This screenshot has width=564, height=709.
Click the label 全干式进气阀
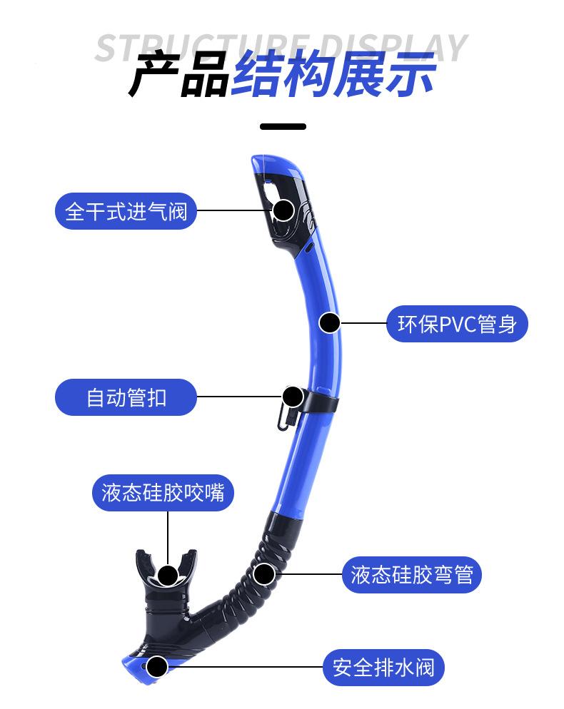(126, 211)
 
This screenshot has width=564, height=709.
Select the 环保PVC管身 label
(457, 324)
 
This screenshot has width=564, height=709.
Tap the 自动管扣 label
(126, 397)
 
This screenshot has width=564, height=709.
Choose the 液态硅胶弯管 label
(412, 574)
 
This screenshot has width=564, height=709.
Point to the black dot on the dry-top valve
(283, 210)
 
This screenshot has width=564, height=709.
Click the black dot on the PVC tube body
(329, 323)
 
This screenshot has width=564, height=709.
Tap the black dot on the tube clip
(293, 397)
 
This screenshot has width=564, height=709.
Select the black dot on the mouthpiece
(168, 575)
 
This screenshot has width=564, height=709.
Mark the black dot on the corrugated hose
(264, 573)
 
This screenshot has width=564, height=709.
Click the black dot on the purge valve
(156, 668)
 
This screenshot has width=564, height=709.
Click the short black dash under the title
(283, 127)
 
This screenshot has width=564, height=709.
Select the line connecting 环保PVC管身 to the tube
(364, 323)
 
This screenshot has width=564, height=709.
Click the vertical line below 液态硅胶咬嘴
(168, 535)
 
